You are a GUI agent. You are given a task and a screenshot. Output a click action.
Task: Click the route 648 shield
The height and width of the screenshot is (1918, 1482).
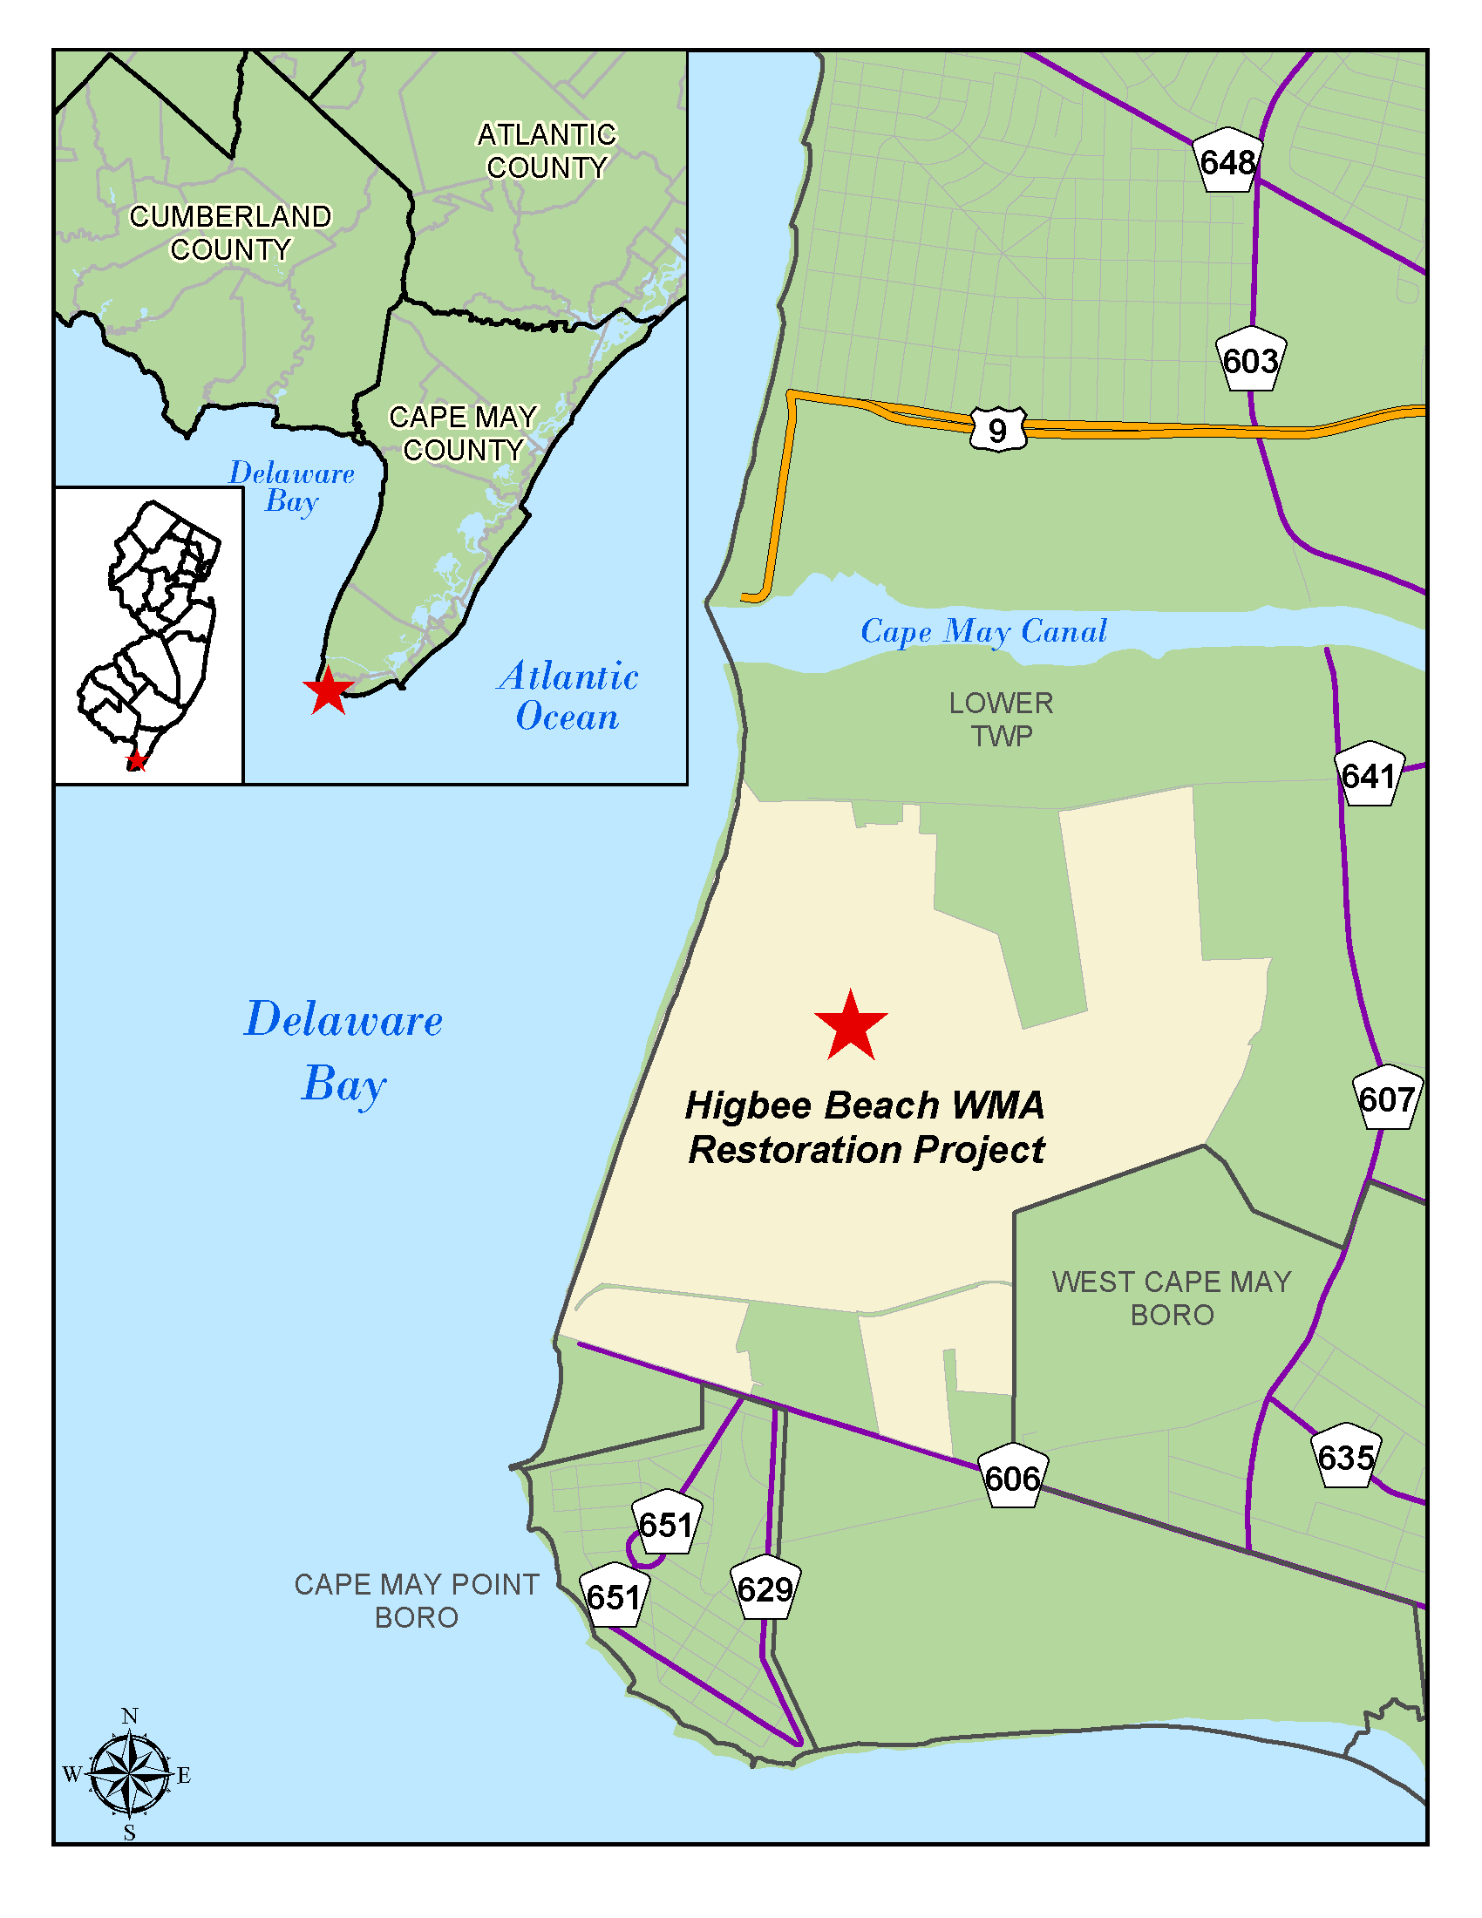(x=1227, y=161)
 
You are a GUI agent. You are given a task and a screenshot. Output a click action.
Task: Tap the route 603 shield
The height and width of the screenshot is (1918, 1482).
(x=1250, y=360)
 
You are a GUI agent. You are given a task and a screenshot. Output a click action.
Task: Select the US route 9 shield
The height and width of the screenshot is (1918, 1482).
(x=998, y=430)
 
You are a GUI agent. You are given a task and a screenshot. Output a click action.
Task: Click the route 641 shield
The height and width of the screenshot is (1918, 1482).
(x=1368, y=775)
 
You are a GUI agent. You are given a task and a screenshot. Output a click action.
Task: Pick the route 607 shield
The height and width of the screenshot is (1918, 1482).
(x=1385, y=1098)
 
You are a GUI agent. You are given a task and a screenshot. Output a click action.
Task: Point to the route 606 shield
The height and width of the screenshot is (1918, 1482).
(x=1012, y=1478)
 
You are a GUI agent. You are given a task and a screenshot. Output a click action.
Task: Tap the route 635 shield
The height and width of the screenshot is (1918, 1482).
(x=1346, y=1457)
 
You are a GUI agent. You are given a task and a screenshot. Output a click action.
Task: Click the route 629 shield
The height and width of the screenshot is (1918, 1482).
(x=765, y=1588)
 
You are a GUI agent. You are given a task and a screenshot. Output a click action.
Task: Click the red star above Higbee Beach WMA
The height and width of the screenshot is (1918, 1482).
(x=851, y=1027)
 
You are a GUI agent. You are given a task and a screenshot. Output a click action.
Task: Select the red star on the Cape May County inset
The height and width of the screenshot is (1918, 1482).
(x=329, y=691)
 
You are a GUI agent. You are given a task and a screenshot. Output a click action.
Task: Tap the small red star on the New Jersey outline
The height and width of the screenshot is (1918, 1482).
(x=136, y=760)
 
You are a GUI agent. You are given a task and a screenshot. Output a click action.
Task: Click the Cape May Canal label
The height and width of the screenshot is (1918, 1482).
(x=983, y=630)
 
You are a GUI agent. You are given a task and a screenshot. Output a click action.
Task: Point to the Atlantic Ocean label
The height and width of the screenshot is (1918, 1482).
(x=569, y=697)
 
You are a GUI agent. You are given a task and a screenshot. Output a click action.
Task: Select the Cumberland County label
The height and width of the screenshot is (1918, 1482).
(x=230, y=233)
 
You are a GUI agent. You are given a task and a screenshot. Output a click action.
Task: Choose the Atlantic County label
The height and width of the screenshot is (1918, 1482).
(x=547, y=151)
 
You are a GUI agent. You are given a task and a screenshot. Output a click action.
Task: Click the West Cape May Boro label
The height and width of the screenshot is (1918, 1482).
(x=1171, y=1298)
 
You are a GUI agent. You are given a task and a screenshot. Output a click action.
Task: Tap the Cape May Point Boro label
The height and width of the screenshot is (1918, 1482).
(x=416, y=1600)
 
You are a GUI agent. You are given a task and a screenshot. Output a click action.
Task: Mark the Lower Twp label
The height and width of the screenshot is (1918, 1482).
(x=1001, y=719)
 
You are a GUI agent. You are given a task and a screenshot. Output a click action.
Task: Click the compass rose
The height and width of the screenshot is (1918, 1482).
(x=130, y=1773)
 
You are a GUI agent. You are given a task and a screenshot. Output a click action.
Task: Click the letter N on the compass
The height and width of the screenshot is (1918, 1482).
(x=130, y=1716)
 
